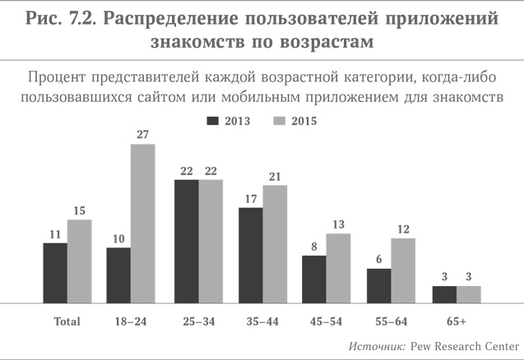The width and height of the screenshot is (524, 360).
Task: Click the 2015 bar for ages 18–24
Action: (143, 223)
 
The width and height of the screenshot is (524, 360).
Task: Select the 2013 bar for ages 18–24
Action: (118, 275)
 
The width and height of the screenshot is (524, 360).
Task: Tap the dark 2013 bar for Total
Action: (55, 273)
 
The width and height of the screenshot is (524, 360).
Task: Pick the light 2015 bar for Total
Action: (79, 261)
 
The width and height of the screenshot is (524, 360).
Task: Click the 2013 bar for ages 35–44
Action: (250, 256)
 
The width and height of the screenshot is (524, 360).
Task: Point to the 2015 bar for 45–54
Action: (338, 268)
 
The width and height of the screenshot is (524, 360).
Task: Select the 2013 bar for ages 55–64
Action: (378, 285)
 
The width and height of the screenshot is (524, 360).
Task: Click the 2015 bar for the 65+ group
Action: (467, 294)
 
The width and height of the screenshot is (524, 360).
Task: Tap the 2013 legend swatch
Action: (212, 120)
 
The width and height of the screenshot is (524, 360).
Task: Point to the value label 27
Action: (143, 135)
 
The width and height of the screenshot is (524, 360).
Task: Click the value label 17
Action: (250, 198)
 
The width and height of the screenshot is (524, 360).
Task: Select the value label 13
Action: (338, 224)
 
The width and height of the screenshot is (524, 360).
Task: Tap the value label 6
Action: (378, 259)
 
